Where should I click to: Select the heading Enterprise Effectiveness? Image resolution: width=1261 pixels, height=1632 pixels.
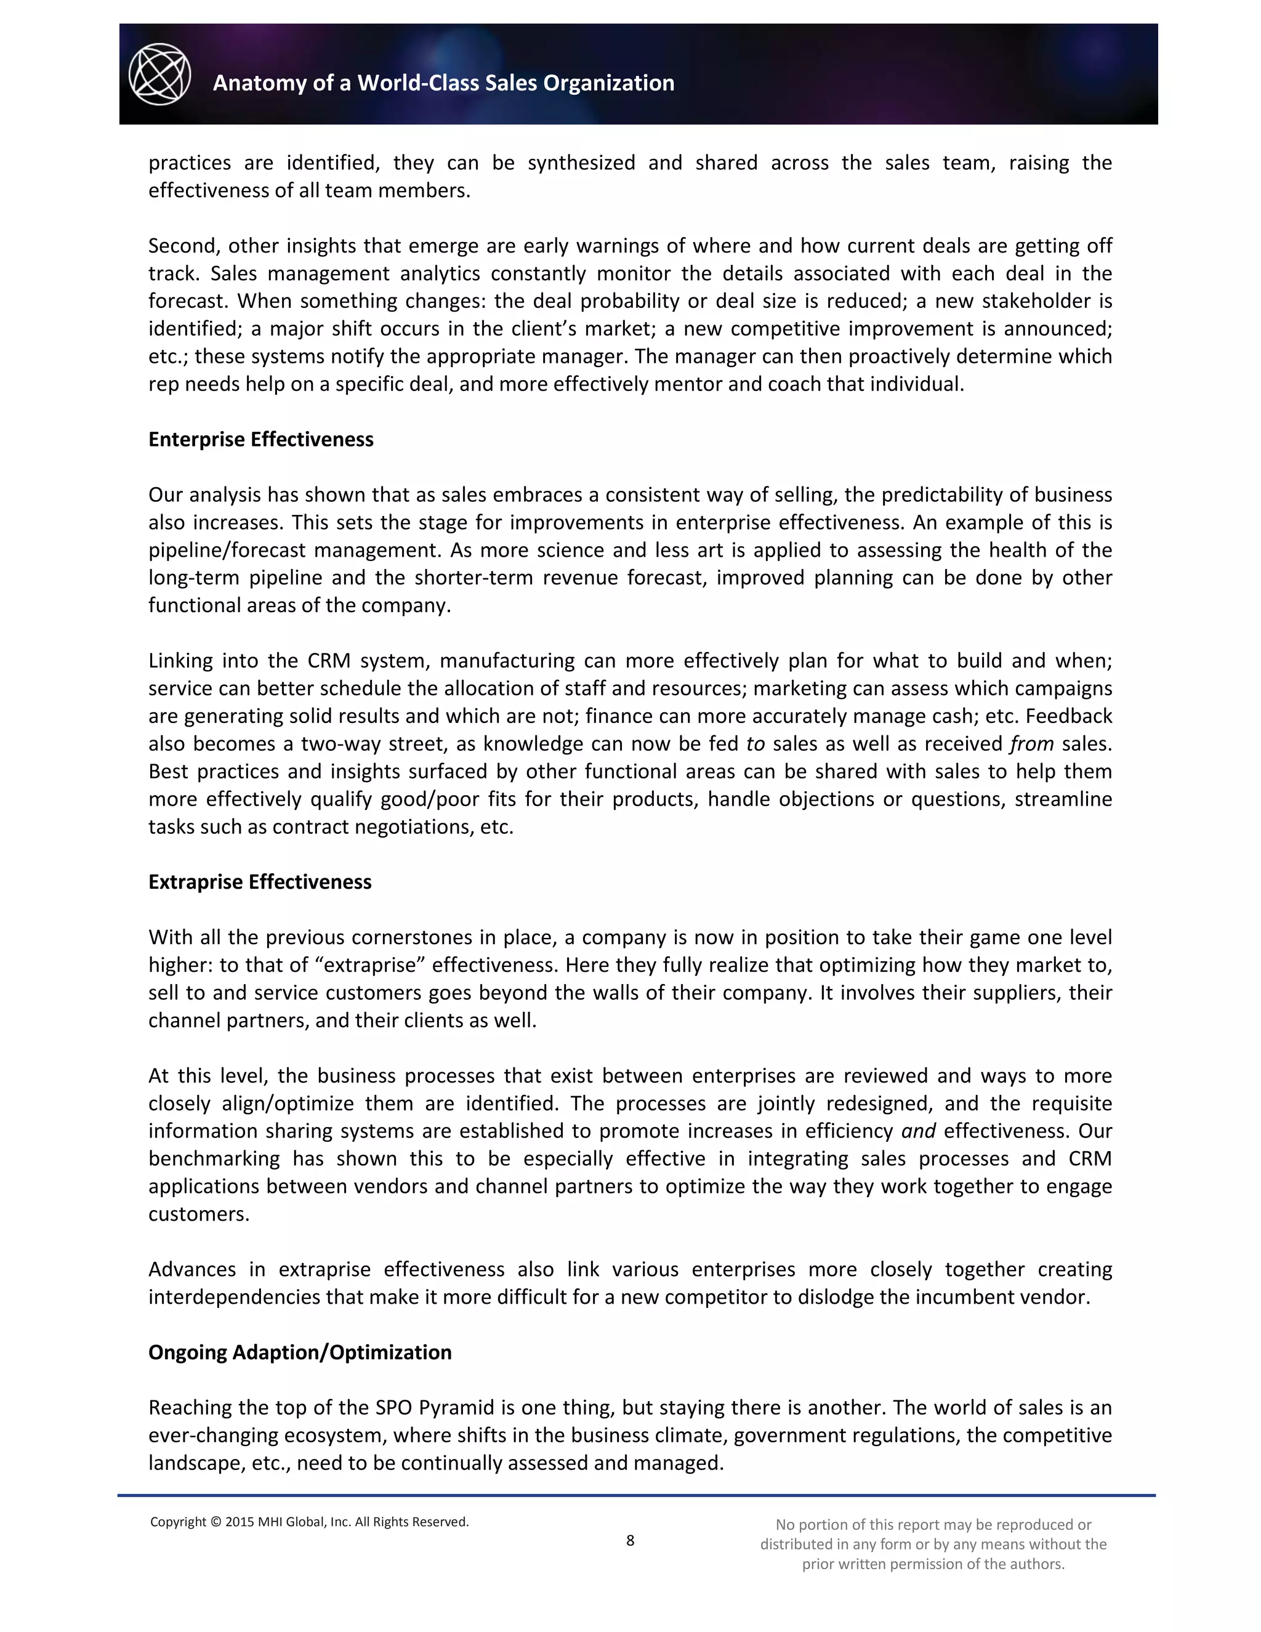click(260, 439)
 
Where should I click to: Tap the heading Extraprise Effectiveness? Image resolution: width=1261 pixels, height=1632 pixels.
click(260, 882)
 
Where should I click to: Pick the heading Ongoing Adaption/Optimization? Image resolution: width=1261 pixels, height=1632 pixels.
click(300, 1352)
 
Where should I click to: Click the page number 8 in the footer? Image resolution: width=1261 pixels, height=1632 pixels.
click(630, 1540)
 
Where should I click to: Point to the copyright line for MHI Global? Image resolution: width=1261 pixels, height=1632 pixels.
click(309, 1521)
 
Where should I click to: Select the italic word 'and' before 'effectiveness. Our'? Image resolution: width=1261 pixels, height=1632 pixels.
click(918, 1131)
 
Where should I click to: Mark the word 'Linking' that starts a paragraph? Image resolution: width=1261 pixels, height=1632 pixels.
click(179, 661)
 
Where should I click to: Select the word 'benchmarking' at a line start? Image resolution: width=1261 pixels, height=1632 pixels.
click(214, 1158)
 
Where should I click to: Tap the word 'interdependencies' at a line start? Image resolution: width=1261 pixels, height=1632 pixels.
click(235, 1296)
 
